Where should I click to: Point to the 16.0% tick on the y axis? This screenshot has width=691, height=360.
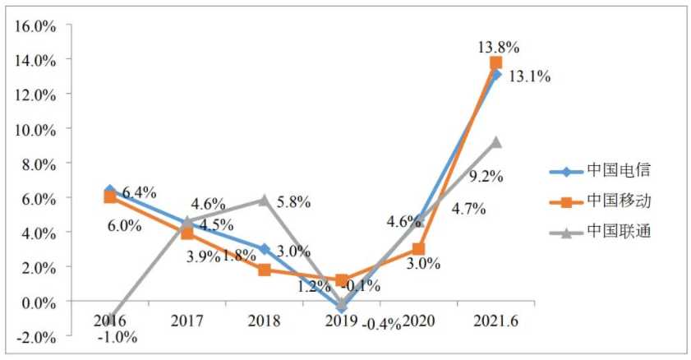[34, 25]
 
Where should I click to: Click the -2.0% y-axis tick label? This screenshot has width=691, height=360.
[34, 337]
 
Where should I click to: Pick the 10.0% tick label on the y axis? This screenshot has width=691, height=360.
[34, 130]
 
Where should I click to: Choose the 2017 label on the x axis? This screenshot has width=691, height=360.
[187, 320]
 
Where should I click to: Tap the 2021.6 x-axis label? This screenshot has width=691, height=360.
[496, 320]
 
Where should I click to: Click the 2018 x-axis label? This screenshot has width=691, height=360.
[265, 320]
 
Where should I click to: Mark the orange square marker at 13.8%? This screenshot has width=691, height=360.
[495, 63]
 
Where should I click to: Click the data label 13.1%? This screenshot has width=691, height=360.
[529, 77]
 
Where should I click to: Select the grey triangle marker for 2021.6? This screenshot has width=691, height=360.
[495, 142]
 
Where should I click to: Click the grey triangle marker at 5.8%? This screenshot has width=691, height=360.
[264, 200]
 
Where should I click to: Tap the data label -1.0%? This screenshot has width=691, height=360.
[117, 336]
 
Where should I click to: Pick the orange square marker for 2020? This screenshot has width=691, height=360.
[418, 248]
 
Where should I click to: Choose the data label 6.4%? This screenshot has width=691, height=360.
[139, 192]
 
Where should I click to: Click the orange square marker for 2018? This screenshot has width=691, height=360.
[264, 270]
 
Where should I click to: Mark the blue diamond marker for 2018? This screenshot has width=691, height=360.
[264, 249]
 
